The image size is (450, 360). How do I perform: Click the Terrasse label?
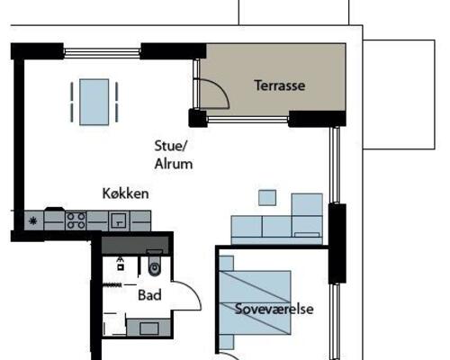pyautogui.click(x=280, y=85)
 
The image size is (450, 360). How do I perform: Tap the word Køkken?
pyautogui.click(x=125, y=193)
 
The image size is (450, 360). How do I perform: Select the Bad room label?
pyautogui.click(x=149, y=295)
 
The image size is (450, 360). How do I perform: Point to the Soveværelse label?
pyautogui.click(x=274, y=309)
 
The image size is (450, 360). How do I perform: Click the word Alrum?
pyautogui.click(x=174, y=164)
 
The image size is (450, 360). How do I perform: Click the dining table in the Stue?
pyautogui.click(x=94, y=102)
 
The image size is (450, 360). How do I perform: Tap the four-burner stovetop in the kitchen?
pyautogui.click(x=76, y=221)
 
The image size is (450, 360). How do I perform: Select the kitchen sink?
pyautogui.click(x=119, y=220)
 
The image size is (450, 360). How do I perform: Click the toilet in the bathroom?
pyautogui.click(x=155, y=264)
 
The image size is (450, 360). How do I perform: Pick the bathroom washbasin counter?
pyautogui.click(x=148, y=328)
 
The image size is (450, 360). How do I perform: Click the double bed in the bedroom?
pyautogui.click(x=256, y=302)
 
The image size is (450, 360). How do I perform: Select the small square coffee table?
pyautogui.click(x=267, y=198)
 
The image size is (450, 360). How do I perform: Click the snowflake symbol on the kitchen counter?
pyautogui.click(x=32, y=221)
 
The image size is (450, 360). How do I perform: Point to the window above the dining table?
pyautogui.click(x=102, y=53)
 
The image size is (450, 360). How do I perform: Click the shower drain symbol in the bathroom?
pyautogui.click(x=121, y=266)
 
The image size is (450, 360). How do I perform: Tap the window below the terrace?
pyautogui.click(x=248, y=120)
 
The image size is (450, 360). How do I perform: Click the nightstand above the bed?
pyautogui.click(x=227, y=264)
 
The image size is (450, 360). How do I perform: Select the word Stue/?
pyautogui.click(x=171, y=146)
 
